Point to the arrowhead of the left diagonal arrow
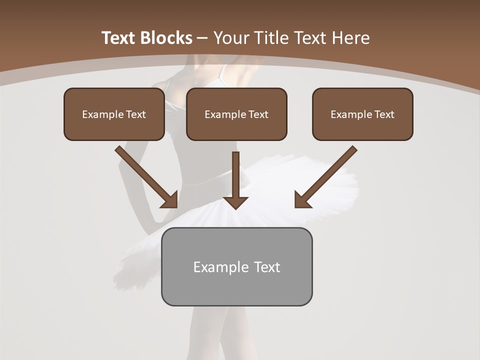(x=170, y=200)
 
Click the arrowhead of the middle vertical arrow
(x=235, y=202)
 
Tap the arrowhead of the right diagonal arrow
(x=302, y=200)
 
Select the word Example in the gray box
(x=221, y=267)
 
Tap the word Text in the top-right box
(x=384, y=114)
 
